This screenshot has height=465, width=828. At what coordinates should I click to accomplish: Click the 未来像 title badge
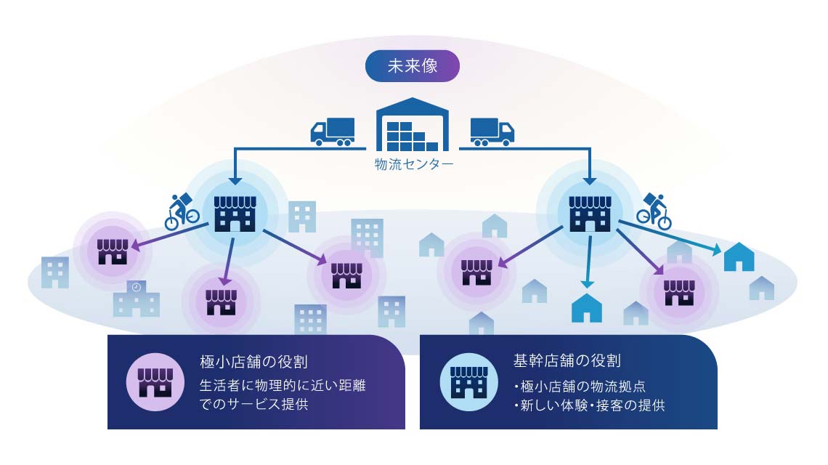pos(412,65)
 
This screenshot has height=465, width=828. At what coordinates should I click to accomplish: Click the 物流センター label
pos(413,165)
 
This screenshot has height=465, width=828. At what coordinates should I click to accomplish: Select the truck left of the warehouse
pos(333,131)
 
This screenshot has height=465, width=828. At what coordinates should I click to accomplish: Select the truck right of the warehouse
pos(492,131)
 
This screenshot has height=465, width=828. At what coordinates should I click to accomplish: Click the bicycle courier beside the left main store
pos(182,211)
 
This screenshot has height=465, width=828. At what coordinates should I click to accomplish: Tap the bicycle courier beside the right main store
pos(654,211)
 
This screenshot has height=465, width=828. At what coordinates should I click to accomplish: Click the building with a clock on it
pos(136,299)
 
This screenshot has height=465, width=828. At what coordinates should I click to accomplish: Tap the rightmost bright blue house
pos(739,257)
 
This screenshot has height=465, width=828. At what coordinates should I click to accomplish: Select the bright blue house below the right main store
pos(587,308)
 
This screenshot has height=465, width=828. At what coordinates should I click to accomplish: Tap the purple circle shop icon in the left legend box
pos(154,381)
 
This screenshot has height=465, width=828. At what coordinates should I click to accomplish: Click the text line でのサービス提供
pos(253,405)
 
